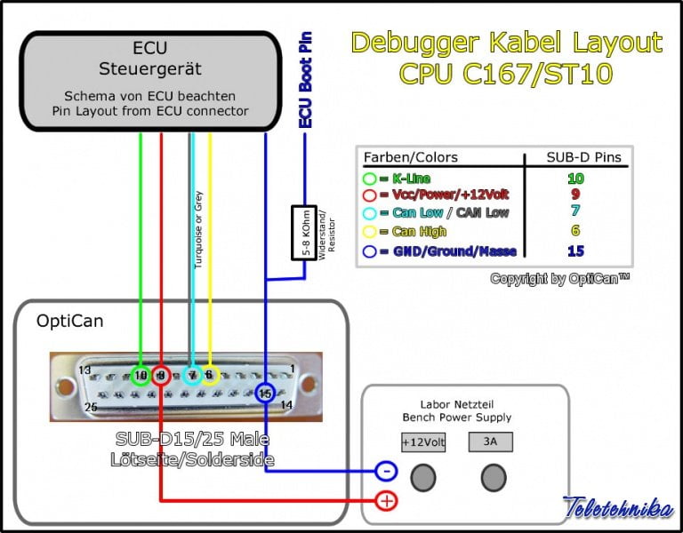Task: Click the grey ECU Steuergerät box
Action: pos(149,80)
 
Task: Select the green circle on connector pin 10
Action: pos(141,375)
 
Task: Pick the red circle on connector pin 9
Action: pos(161,376)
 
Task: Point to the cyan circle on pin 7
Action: pos(191,375)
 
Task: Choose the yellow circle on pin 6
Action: pos(210,375)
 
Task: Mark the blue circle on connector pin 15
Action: pos(265,393)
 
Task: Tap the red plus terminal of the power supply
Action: pos(386,501)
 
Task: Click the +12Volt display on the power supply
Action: pos(423,442)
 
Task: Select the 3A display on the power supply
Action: pos(491,442)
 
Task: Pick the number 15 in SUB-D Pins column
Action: pos(575,251)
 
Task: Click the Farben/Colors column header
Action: pos(410,157)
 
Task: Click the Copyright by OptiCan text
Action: pos(559,279)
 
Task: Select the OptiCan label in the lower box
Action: pos(69,321)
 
